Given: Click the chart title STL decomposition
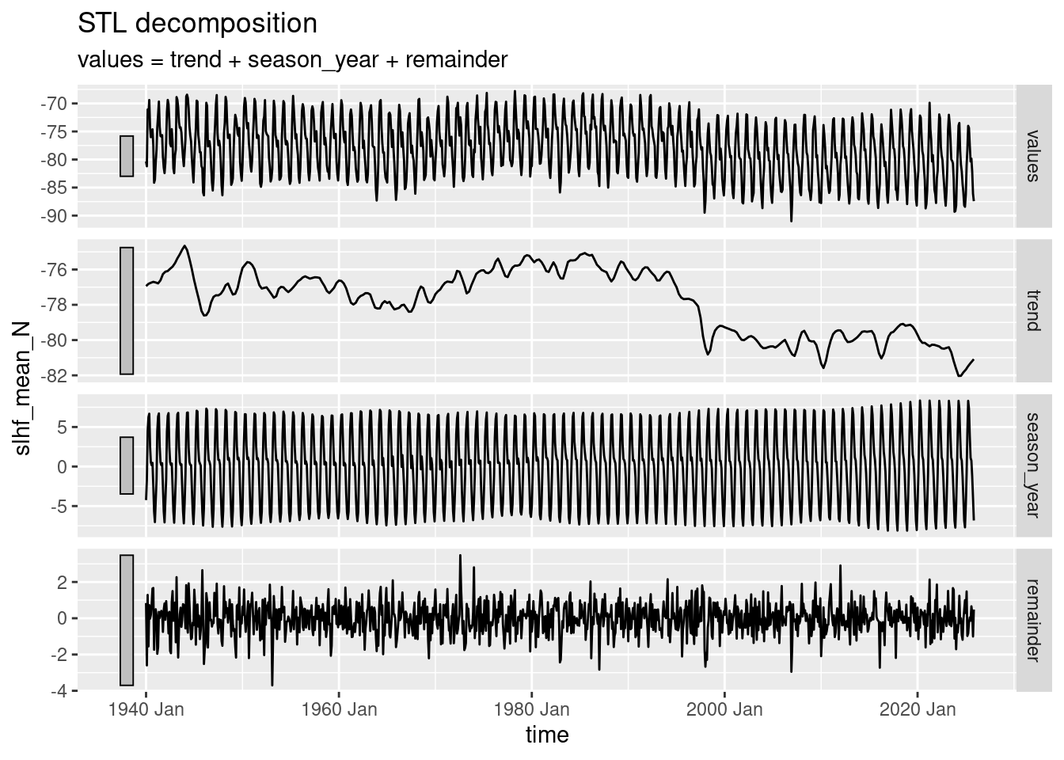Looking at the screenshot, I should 197,24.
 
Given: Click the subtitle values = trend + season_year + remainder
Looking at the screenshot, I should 292,60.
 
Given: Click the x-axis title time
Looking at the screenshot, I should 547,735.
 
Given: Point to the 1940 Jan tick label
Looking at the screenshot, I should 146,709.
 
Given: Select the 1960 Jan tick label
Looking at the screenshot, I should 339,709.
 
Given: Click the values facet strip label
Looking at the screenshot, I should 1032,156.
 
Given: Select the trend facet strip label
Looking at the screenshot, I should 1032,310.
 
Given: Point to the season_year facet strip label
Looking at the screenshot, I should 1032,465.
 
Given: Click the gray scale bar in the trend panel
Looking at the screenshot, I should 127,310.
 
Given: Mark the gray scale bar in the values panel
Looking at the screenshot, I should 127,156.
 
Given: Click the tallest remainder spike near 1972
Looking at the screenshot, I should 460,557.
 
